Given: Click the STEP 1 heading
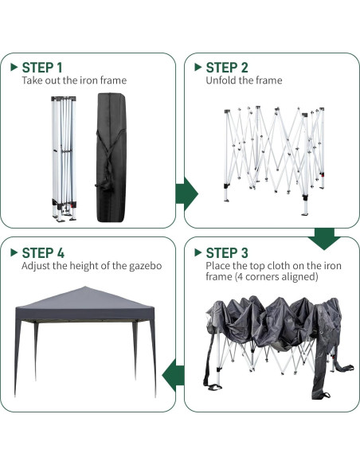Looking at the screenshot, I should (41, 68).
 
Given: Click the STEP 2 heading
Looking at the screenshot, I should (226, 68).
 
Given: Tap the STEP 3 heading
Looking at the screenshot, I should (226, 252).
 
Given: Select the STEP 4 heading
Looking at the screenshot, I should (42, 252).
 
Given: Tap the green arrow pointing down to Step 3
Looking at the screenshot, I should (325, 236).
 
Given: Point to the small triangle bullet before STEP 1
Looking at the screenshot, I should (14, 68).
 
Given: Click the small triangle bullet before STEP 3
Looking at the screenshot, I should (198, 252).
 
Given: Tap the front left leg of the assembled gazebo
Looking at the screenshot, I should (17, 358).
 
